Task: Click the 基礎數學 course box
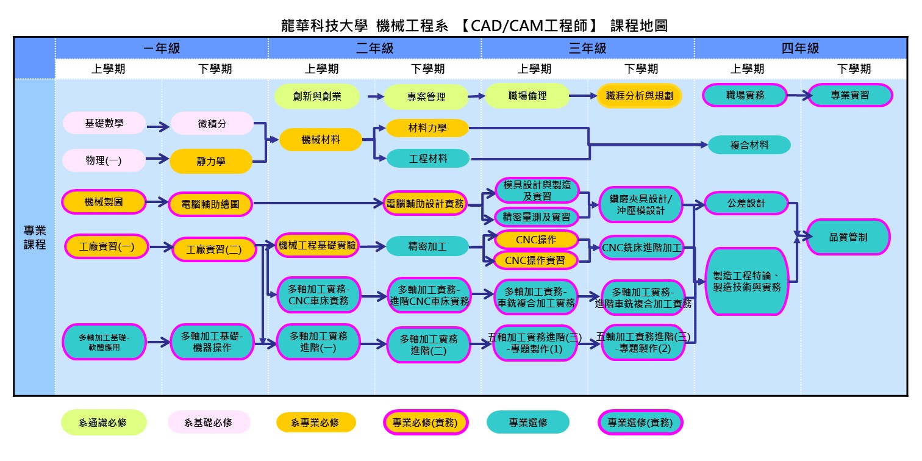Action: tap(104, 123)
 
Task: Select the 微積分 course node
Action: tap(212, 123)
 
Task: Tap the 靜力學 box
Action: tap(211, 162)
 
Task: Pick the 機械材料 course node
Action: tap(321, 140)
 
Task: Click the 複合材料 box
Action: tap(749, 145)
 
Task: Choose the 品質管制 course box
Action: tap(848, 237)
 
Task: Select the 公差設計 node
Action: tap(746, 203)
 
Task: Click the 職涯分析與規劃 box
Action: tap(639, 96)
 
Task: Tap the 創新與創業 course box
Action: tap(316, 96)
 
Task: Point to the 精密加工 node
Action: tap(427, 246)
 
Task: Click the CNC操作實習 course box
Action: tap(536, 260)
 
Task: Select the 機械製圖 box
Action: tap(104, 202)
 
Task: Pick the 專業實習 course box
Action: tap(850, 96)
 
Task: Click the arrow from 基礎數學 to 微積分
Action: tap(158, 127)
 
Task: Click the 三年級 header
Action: tap(587, 48)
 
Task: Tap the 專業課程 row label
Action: tap(34, 237)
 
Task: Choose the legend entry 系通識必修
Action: tap(104, 422)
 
